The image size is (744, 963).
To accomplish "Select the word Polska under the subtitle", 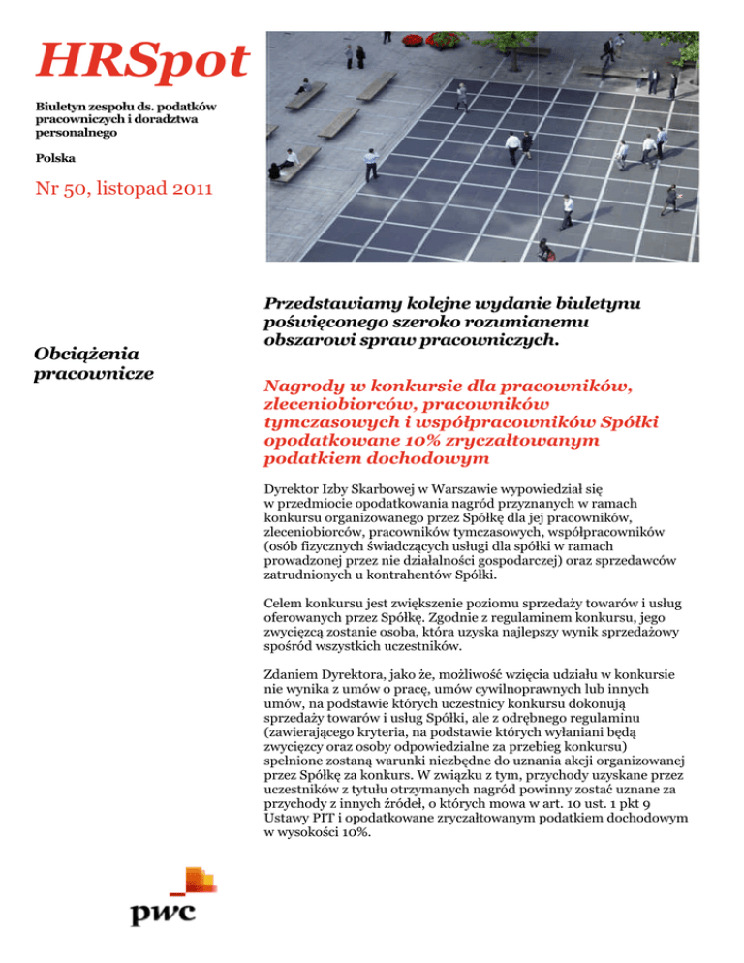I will coord(57,157).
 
